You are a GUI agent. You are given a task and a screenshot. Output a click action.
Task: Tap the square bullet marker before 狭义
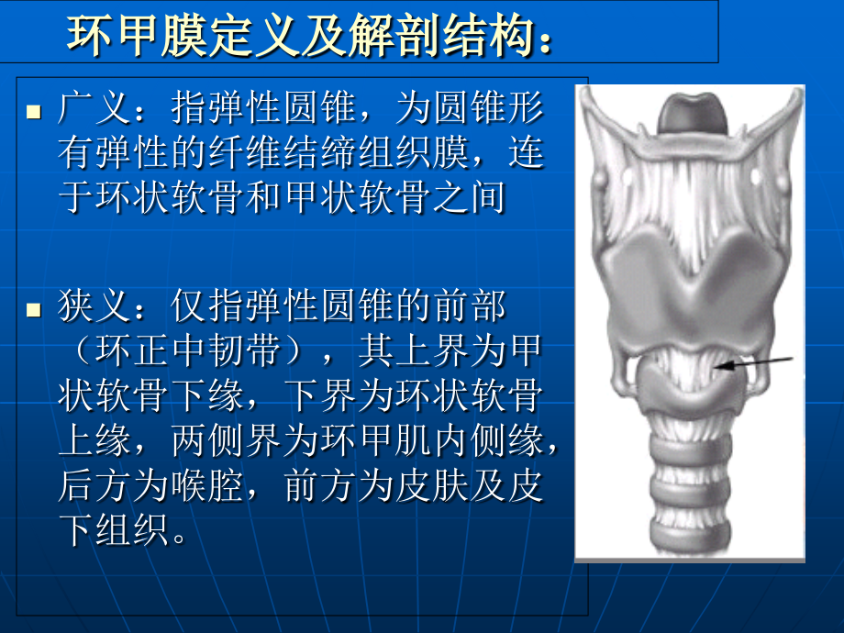(x=34, y=309)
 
